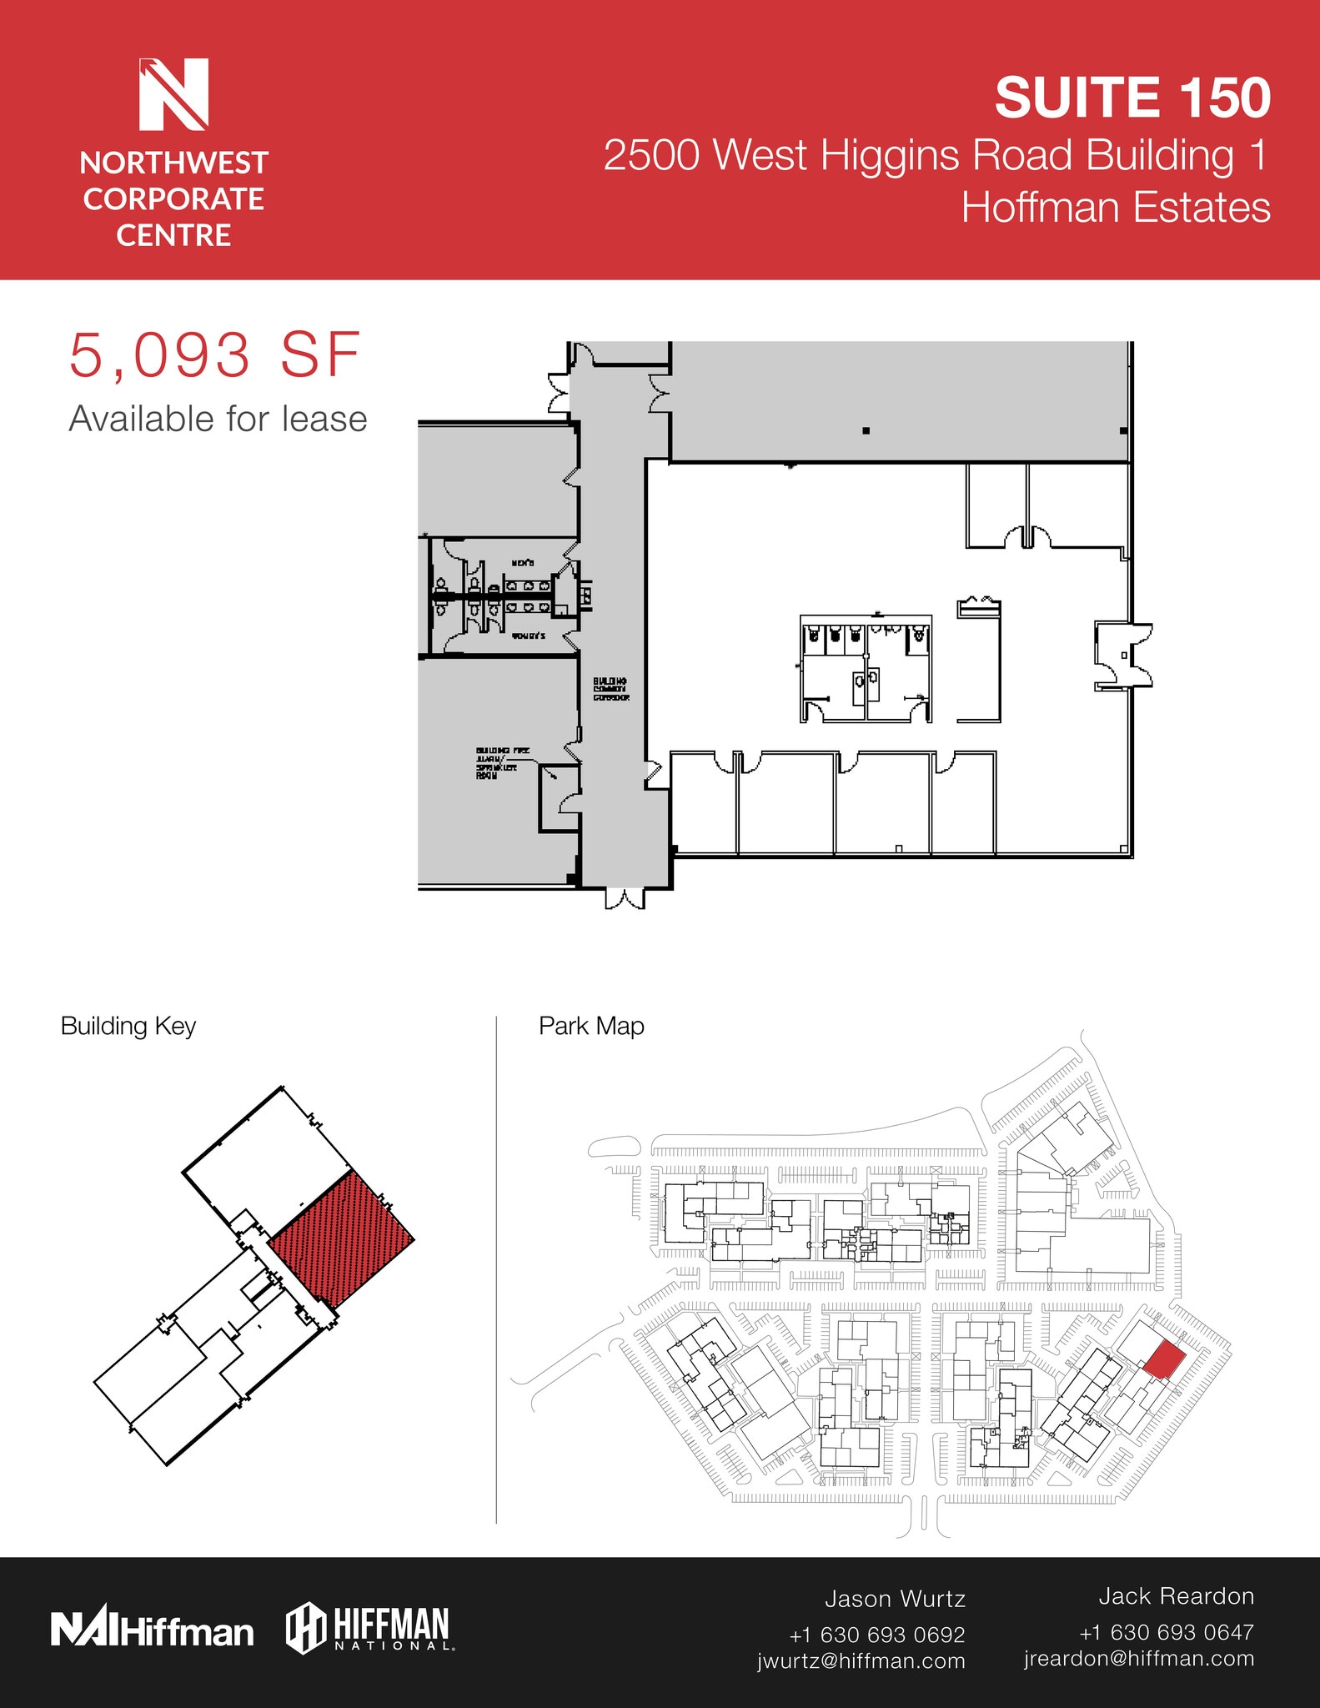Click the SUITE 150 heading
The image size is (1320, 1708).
coord(1132,98)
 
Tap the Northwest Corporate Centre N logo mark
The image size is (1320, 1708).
coord(173,94)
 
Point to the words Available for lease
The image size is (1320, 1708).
coord(218,419)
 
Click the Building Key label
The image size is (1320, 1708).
coord(128,1026)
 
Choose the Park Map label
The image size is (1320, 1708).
coord(591,1026)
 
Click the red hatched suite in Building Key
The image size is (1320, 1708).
coord(343,1238)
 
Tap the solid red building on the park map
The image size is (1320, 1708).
coord(1164,1360)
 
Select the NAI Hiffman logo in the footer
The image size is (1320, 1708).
coord(152,1630)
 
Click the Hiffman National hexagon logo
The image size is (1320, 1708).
coord(370,1628)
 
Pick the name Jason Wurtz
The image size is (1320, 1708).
coord(895,1599)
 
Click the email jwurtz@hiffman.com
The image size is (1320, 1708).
coord(861,1660)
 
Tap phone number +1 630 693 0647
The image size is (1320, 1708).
coord(1166,1632)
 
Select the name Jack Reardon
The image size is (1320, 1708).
coord(1176,1596)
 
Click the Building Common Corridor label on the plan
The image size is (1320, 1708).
coord(610,689)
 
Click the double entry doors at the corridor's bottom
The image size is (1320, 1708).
coord(625,898)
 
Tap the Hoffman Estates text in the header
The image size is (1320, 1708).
coord(1115,208)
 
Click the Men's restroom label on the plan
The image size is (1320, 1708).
coord(523,565)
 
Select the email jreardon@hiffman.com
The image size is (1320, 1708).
coord(1138,1658)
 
